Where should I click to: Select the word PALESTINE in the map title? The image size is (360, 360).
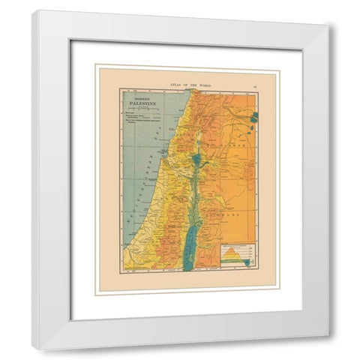coord(142,103)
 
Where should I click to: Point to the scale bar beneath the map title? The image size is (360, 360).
coord(142,109)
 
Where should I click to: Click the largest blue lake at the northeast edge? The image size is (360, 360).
coord(255,116)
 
